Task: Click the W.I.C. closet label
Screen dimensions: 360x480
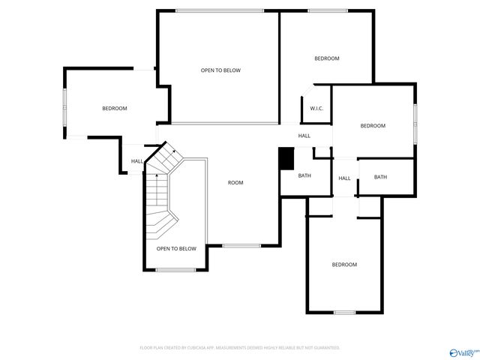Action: (x=316, y=109)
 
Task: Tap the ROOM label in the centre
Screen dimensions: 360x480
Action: (x=235, y=182)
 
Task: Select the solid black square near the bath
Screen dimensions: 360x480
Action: (x=286, y=158)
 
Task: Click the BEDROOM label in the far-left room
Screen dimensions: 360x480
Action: (x=115, y=109)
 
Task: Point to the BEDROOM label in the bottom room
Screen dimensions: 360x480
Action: (x=344, y=265)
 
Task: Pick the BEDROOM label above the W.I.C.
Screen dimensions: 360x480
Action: (x=326, y=58)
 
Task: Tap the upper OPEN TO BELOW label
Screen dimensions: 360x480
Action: (x=220, y=70)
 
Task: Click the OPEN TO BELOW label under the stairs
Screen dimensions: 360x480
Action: (x=176, y=248)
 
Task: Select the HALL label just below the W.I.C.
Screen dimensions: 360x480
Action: (x=304, y=136)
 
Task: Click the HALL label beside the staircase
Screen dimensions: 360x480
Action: (x=137, y=161)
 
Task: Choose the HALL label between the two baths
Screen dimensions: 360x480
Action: (x=344, y=178)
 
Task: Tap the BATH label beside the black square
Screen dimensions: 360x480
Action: (x=304, y=175)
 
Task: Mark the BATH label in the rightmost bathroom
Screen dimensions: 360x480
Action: (x=380, y=177)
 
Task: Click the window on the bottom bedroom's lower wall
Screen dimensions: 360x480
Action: (x=344, y=312)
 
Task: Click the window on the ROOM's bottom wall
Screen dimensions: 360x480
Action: (x=241, y=246)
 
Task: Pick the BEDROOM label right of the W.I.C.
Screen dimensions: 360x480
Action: (x=373, y=126)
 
